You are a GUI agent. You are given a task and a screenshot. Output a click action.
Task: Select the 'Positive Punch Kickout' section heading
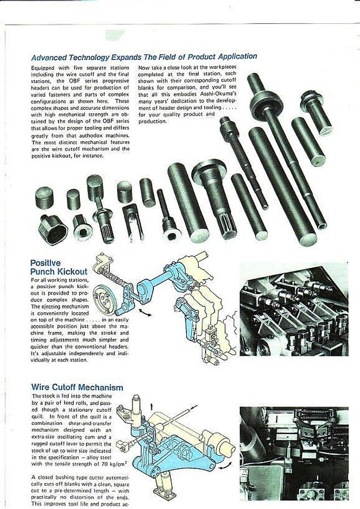[58, 268]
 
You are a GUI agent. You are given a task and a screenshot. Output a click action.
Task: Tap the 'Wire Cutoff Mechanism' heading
[77, 387]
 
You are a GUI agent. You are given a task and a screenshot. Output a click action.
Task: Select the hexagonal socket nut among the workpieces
[53, 229]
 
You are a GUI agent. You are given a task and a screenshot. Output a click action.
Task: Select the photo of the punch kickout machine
[294, 308]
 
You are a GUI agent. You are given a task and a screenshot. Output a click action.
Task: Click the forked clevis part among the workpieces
[134, 221]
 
